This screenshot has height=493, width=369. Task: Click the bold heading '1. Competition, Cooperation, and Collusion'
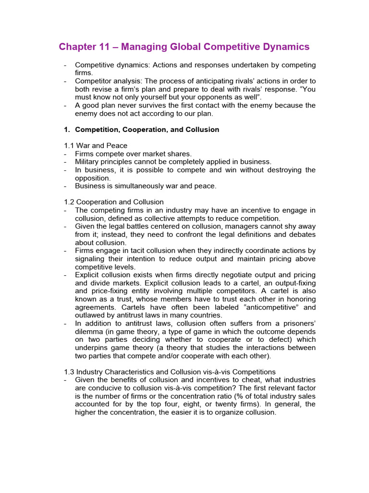[x=142, y=130]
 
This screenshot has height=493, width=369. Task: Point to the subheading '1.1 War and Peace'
[x=96, y=145]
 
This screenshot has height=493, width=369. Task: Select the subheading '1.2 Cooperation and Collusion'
[x=114, y=202]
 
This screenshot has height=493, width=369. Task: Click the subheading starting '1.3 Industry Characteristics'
[x=170, y=372]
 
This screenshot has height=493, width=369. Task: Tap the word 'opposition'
[x=93, y=178]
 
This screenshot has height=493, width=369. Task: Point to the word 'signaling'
[x=91, y=259]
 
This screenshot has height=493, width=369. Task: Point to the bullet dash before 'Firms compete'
[x=65, y=154]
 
